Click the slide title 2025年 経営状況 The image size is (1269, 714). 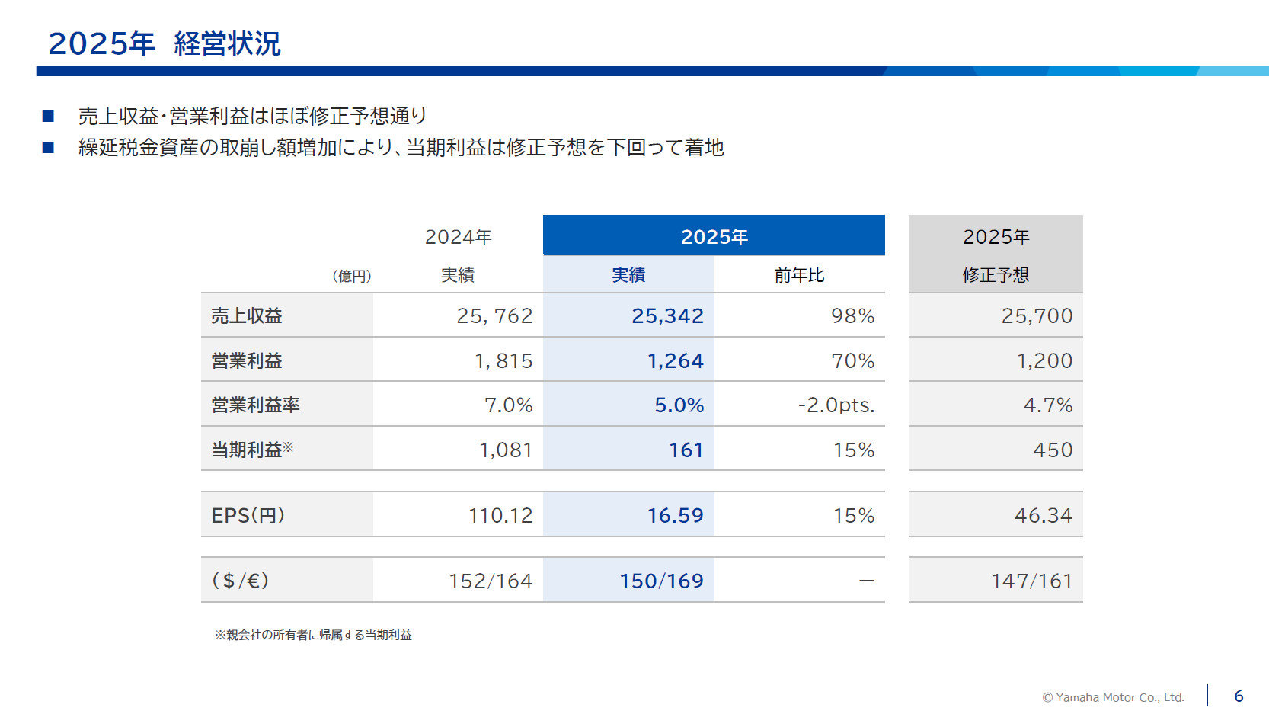coord(165,43)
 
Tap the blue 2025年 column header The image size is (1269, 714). coord(714,236)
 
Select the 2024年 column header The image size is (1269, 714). coord(458,237)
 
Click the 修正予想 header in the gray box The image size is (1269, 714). coord(996,275)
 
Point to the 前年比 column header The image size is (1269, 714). coord(799,275)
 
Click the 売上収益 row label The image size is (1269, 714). coord(247,315)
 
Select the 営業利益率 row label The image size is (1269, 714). coord(255,405)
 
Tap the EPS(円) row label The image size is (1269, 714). coord(248,515)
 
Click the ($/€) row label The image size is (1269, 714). coord(240,581)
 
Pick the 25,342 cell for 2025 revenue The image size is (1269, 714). coord(667,315)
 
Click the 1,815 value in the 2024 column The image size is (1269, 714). coord(503,360)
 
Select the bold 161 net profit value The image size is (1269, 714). coord(686,450)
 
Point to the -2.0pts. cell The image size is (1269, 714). coord(836,405)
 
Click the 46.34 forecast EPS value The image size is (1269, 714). coord(1043,515)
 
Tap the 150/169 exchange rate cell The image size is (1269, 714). coord(661,581)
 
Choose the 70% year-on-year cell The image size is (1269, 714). coord(852,360)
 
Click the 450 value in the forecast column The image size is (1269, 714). coord(1053,450)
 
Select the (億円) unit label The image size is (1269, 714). coord(352,276)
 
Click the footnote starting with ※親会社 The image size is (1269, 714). coord(313,635)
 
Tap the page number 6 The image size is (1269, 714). coord(1239,696)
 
